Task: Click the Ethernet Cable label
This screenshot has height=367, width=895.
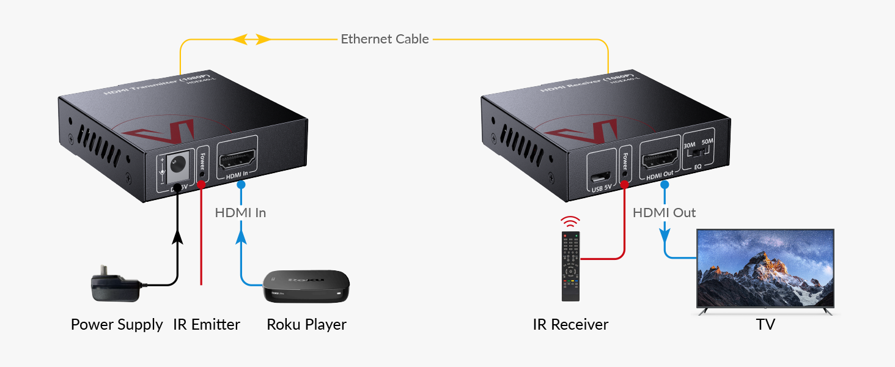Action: click(385, 39)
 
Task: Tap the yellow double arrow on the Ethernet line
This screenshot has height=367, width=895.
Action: click(252, 40)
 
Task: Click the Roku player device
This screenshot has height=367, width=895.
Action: click(306, 286)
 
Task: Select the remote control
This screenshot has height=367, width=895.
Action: click(571, 266)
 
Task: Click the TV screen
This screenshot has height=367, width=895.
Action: click(765, 269)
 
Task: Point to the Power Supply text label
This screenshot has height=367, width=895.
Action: click(117, 324)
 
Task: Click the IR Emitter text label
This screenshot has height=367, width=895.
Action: click(207, 324)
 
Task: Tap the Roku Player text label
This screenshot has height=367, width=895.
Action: click(306, 324)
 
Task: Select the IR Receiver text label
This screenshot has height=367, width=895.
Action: click(570, 324)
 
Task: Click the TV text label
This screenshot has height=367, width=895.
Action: click(765, 324)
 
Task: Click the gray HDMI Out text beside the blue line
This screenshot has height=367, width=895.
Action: click(664, 213)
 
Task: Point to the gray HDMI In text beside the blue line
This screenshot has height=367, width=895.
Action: click(240, 213)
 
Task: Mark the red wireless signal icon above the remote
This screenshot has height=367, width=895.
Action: click(571, 221)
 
